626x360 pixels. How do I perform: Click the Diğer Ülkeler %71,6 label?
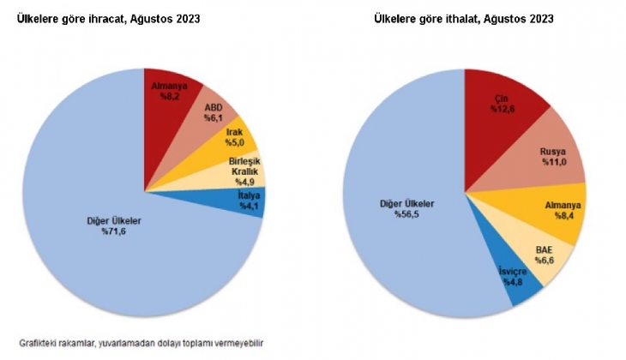coord(114,227)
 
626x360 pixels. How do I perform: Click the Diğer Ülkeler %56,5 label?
coord(406,211)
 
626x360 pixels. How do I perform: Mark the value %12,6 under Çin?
coord(503,110)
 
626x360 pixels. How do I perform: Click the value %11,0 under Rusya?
coord(550,163)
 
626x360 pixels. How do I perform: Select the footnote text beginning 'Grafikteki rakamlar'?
coord(141,344)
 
